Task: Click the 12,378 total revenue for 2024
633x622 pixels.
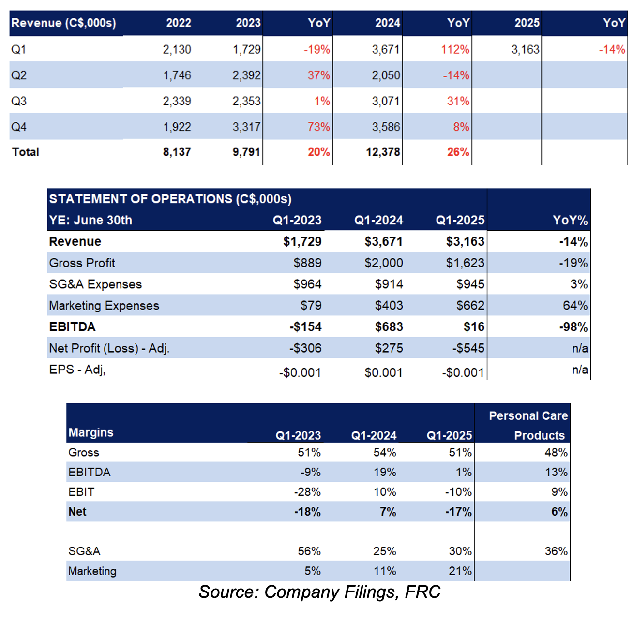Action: pyautogui.click(x=383, y=152)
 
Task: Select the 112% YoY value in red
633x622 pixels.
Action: pyautogui.click(x=455, y=50)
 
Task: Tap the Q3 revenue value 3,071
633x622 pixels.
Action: pyautogui.click(x=386, y=101)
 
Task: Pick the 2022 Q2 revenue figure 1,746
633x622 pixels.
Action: pyautogui.click(x=177, y=75)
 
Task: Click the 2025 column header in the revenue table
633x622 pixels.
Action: pyautogui.click(x=527, y=23)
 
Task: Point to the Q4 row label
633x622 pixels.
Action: pyautogui.click(x=19, y=127)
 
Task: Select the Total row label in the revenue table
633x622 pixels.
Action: pyautogui.click(x=25, y=152)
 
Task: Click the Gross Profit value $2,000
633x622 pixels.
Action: pyautogui.click(x=383, y=263)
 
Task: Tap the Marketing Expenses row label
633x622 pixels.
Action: pyautogui.click(x=104, y=305)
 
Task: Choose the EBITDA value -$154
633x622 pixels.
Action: pyautogui.click(x=305, y=327)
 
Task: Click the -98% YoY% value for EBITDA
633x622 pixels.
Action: pyautogui.click(x=573, y=327)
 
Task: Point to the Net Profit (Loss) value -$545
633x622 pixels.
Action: pyautogui.click(x=468, y=348)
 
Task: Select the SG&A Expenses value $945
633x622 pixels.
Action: pyautogui.click(x=470, y=284)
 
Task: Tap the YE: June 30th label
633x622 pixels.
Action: pyautogui.click(x=90, y=220)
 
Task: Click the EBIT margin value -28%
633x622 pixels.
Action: pyautogui.click(x=307, y=492)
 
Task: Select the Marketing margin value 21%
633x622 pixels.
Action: pyautogui.click(x=460, y=571)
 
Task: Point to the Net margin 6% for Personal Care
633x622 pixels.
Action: pyautogui.click(x=559, y=512)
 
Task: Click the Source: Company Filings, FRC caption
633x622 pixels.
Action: pyautogui.click(x=319, y=592)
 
